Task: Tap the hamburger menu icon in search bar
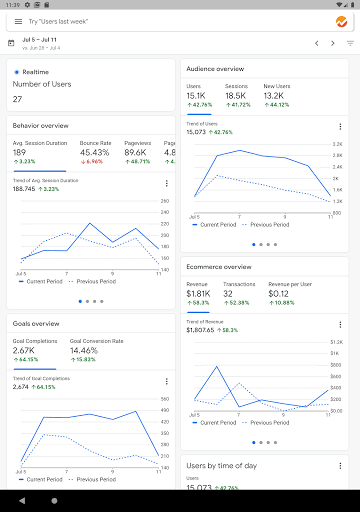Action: [x=18, y=20]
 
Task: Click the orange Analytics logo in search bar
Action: [x=341, y=20]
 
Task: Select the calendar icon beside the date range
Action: [x=11, y=43]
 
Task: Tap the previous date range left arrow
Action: [x=317, y=43]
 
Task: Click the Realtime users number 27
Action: [x=17, y=99]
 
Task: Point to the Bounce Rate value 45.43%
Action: [x=95, y=152]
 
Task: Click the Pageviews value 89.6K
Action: [x=138, y=152]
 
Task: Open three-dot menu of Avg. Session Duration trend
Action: [x=166, y=183]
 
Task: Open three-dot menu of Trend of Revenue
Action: [x=340, y=324]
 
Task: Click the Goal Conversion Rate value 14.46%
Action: [x=84, y=351]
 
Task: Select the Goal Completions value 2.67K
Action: [x=25, y=351]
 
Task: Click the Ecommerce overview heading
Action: [x=218, y=267]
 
